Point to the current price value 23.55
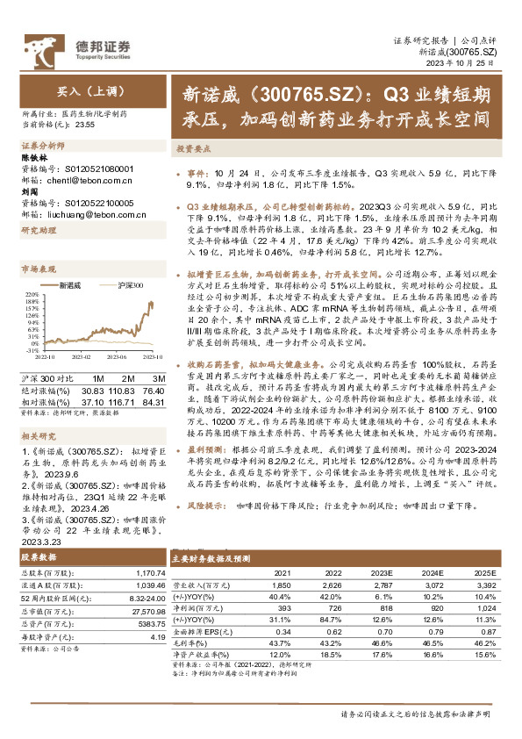[84, 125]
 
